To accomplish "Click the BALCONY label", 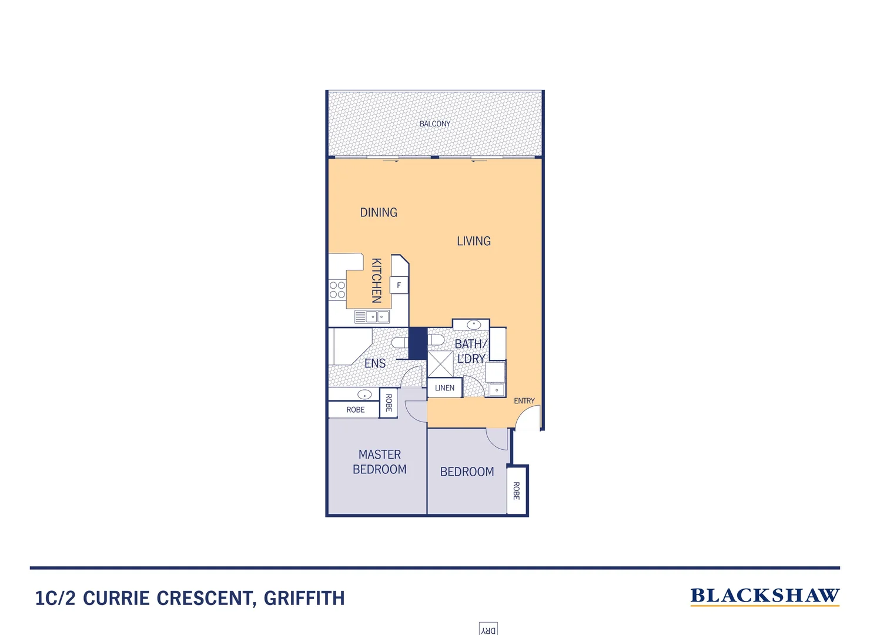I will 434,124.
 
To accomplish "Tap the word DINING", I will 379,212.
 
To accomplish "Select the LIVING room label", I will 473,241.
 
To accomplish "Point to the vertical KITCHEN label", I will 377,280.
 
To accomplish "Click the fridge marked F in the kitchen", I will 399,285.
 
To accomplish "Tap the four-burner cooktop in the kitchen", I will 337,290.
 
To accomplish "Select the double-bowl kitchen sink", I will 372,317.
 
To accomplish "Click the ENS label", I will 375,363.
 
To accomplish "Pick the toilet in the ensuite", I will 400,343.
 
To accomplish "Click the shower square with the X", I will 440,364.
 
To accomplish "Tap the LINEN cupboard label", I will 444,388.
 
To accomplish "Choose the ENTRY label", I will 524,401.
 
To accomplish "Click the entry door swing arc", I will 527,417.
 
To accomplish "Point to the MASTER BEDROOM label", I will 380,462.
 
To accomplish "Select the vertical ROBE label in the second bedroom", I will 516,491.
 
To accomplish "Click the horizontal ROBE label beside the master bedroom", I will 355,410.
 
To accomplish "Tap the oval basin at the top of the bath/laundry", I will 473,325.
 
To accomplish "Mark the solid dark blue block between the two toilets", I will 417,343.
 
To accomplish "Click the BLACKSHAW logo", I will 764,596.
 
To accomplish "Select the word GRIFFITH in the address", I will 304,599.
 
